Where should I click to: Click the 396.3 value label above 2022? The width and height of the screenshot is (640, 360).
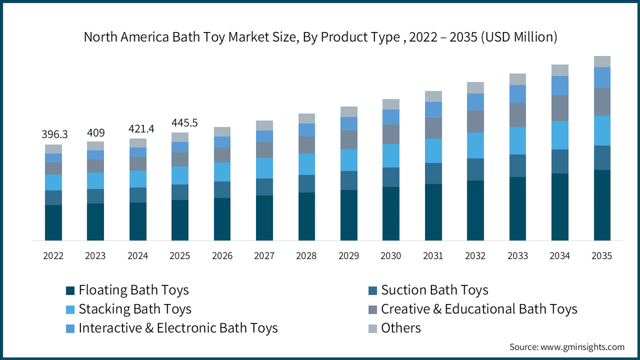tap(54, 134)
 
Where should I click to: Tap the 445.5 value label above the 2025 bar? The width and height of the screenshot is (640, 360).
tap(185, 123)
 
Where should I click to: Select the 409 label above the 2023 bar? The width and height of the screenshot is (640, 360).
tap(95, 133)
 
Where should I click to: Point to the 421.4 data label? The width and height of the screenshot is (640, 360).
tap(141, 129)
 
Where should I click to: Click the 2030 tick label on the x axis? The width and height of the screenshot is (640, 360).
tap(390, 255)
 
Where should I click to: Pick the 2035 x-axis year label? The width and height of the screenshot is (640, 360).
tap(602, 255)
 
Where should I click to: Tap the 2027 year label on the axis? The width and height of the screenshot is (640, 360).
tap(265, 255)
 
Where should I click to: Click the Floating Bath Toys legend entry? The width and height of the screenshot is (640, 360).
tap(127, 290)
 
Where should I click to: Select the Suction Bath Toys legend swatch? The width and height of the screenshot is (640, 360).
tap(373, 291)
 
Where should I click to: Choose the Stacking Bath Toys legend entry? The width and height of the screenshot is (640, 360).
tap(129, 309)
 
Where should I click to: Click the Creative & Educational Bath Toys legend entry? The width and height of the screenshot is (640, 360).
tap(473, 309)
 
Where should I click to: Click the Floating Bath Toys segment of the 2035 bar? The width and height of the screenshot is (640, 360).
tap(602, 205)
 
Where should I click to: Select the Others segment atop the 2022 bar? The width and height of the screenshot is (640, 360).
tap(53, 149)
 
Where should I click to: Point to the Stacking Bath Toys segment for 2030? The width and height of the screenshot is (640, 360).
tap(391, 156)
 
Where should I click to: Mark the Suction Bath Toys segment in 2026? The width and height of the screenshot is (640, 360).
tap(222, 190)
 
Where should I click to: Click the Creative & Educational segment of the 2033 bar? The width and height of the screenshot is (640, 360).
tap(517, 115)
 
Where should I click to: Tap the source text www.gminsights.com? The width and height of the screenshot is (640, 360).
tap(582, 347)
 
